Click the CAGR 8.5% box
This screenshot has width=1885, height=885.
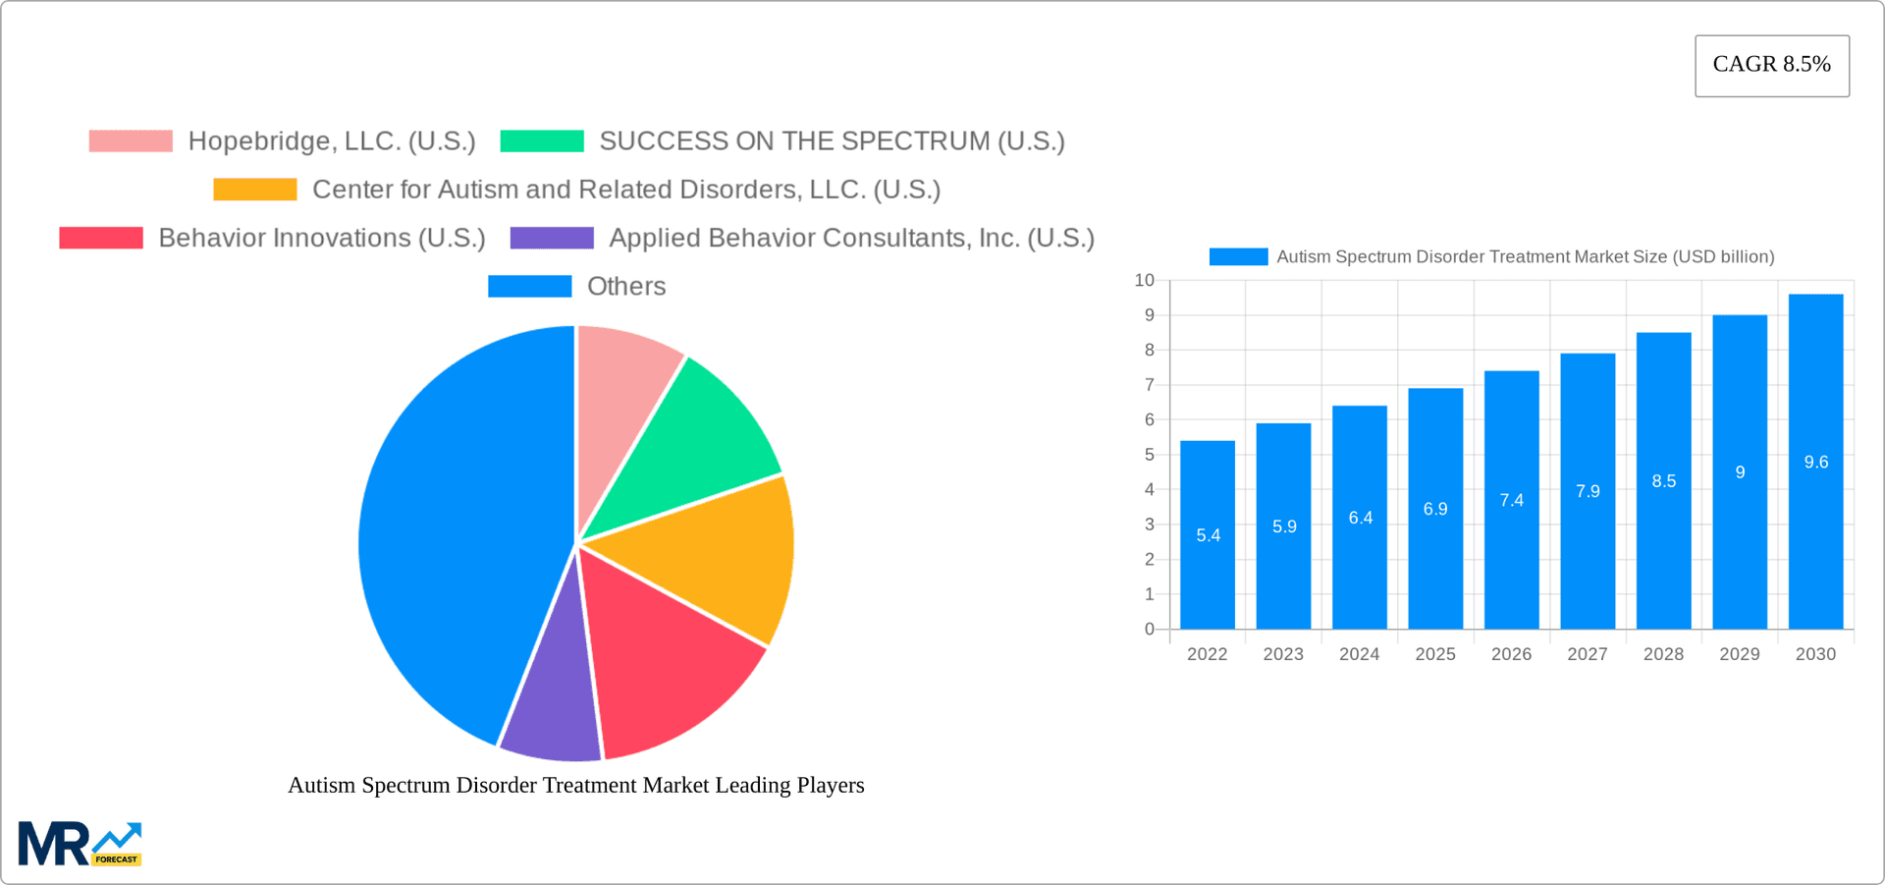[x=1771, y=65]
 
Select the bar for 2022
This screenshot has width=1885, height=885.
[x=1207, y=534]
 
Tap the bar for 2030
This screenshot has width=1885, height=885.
[x=1815, y=462]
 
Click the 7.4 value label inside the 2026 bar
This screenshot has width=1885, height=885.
[x=1511, y=500]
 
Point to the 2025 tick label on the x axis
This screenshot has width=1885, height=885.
[x=1434, y=654]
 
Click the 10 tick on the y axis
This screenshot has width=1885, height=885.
[x=1144, y=281]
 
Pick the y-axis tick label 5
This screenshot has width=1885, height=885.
[x=1149, y=455]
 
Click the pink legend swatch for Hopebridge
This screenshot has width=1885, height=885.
[x=131, y=141]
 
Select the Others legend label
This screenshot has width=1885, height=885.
[x=626, y=287]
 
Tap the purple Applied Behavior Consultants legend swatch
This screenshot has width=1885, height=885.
[x=552, y=238]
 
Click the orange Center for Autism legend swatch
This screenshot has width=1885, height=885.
[x=255, y=190]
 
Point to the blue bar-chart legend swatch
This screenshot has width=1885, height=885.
[x=1238, y=256]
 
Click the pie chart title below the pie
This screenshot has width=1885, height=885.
[x=575, y=785]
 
